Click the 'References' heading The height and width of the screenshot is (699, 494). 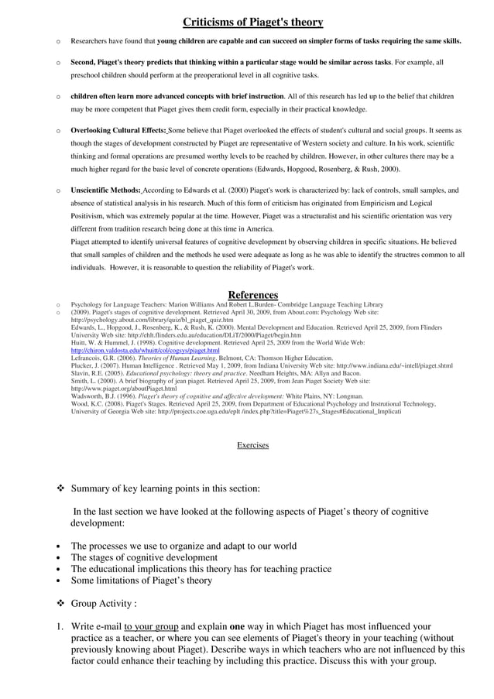click(252, 295)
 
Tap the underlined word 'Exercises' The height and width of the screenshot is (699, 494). click(252, 445)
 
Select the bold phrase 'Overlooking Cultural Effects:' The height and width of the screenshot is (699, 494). click(118, 130)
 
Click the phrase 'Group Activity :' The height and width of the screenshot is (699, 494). click(104, 603)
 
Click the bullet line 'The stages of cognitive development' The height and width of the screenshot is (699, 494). click(144, 557)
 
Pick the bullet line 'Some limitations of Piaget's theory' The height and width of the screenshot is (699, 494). click(141, 580)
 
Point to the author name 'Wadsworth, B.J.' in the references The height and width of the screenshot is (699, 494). click(93, 396)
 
